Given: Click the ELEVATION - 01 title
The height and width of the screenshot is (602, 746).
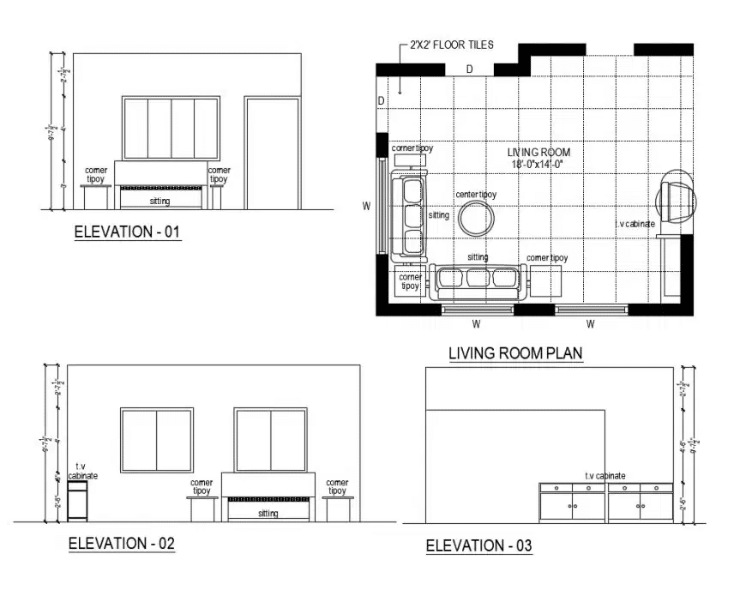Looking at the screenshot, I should (128, 232).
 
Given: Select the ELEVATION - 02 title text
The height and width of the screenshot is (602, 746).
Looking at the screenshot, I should (121, 543).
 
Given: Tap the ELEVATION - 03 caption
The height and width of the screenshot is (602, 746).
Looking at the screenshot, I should (478, 545).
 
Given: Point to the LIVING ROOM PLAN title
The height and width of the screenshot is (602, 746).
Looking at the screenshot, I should (515, 353).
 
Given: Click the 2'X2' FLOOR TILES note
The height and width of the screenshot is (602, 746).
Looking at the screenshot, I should (451, 45).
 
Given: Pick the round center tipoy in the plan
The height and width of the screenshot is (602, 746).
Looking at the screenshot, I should (477, 219).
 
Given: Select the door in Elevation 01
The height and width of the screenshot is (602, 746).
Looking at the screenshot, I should (272, 154).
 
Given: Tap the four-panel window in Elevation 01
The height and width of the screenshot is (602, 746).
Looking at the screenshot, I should (171, 129).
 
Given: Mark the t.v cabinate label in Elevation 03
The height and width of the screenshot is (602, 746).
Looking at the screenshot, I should (605, 476).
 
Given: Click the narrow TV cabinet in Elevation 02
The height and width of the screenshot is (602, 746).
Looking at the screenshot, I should (78, 501).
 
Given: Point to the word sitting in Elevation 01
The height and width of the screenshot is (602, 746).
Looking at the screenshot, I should (160, 202).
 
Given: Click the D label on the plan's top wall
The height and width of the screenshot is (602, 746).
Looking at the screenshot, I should (469, 69).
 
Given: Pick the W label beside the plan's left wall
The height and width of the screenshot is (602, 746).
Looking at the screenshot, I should (366, 206).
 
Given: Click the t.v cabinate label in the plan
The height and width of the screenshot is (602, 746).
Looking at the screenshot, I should (635, 224).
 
